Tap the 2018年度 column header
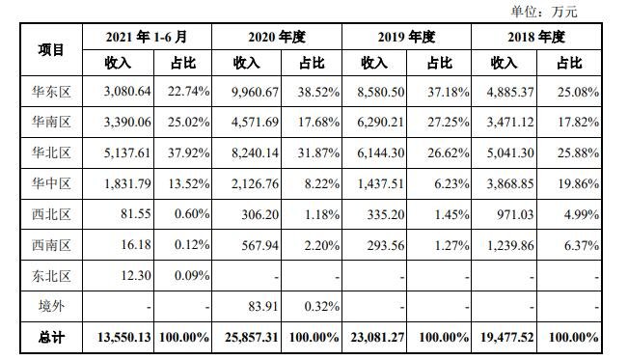tap(534, 37)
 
